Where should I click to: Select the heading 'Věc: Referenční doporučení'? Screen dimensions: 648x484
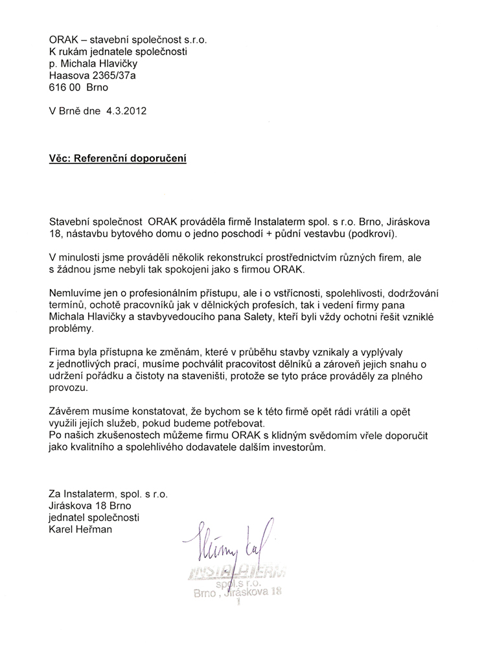(118, 158)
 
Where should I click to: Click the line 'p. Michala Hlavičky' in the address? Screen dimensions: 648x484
(93, 64)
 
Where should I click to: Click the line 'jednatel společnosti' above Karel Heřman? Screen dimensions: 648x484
(93, 518)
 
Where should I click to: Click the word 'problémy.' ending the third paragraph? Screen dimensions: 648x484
(71, 329)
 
